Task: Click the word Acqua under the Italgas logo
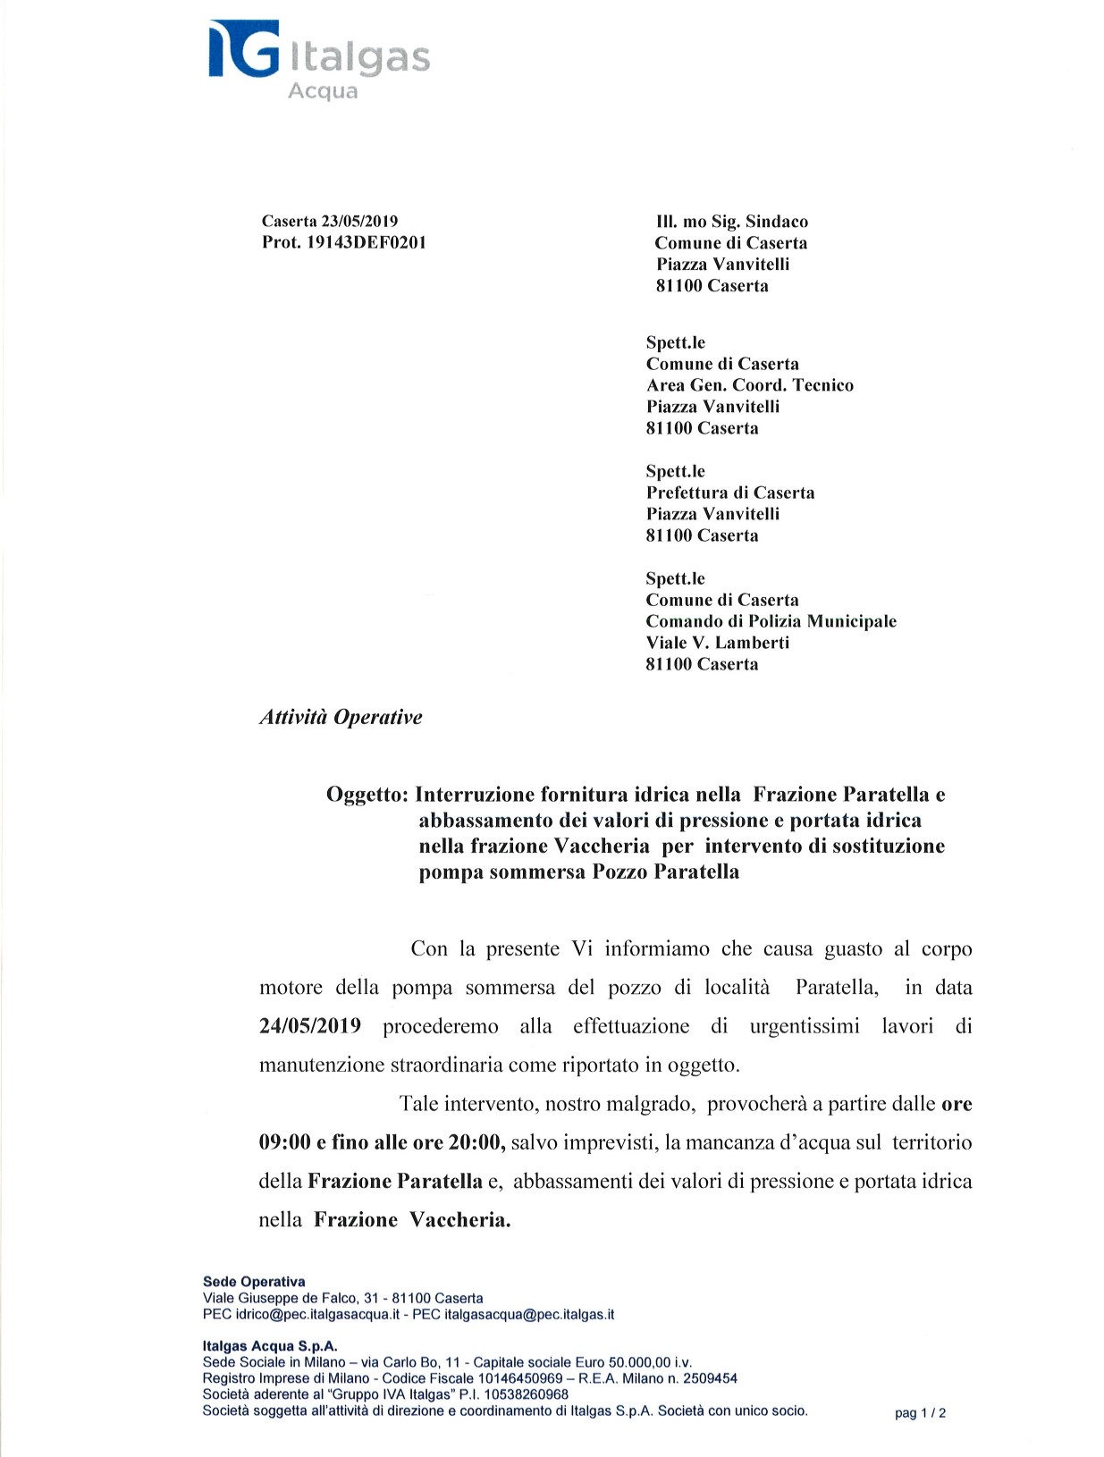[323, 91]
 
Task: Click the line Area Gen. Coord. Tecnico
[749, 385]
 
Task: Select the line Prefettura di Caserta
[729, 493]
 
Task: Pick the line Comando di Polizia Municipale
[771, 621]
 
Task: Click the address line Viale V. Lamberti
[717, 643]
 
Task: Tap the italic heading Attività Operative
[341, 717]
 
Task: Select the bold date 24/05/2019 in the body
[310, 1025]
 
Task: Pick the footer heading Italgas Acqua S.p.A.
[270, 1346]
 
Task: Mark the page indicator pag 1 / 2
[920, 1413]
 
